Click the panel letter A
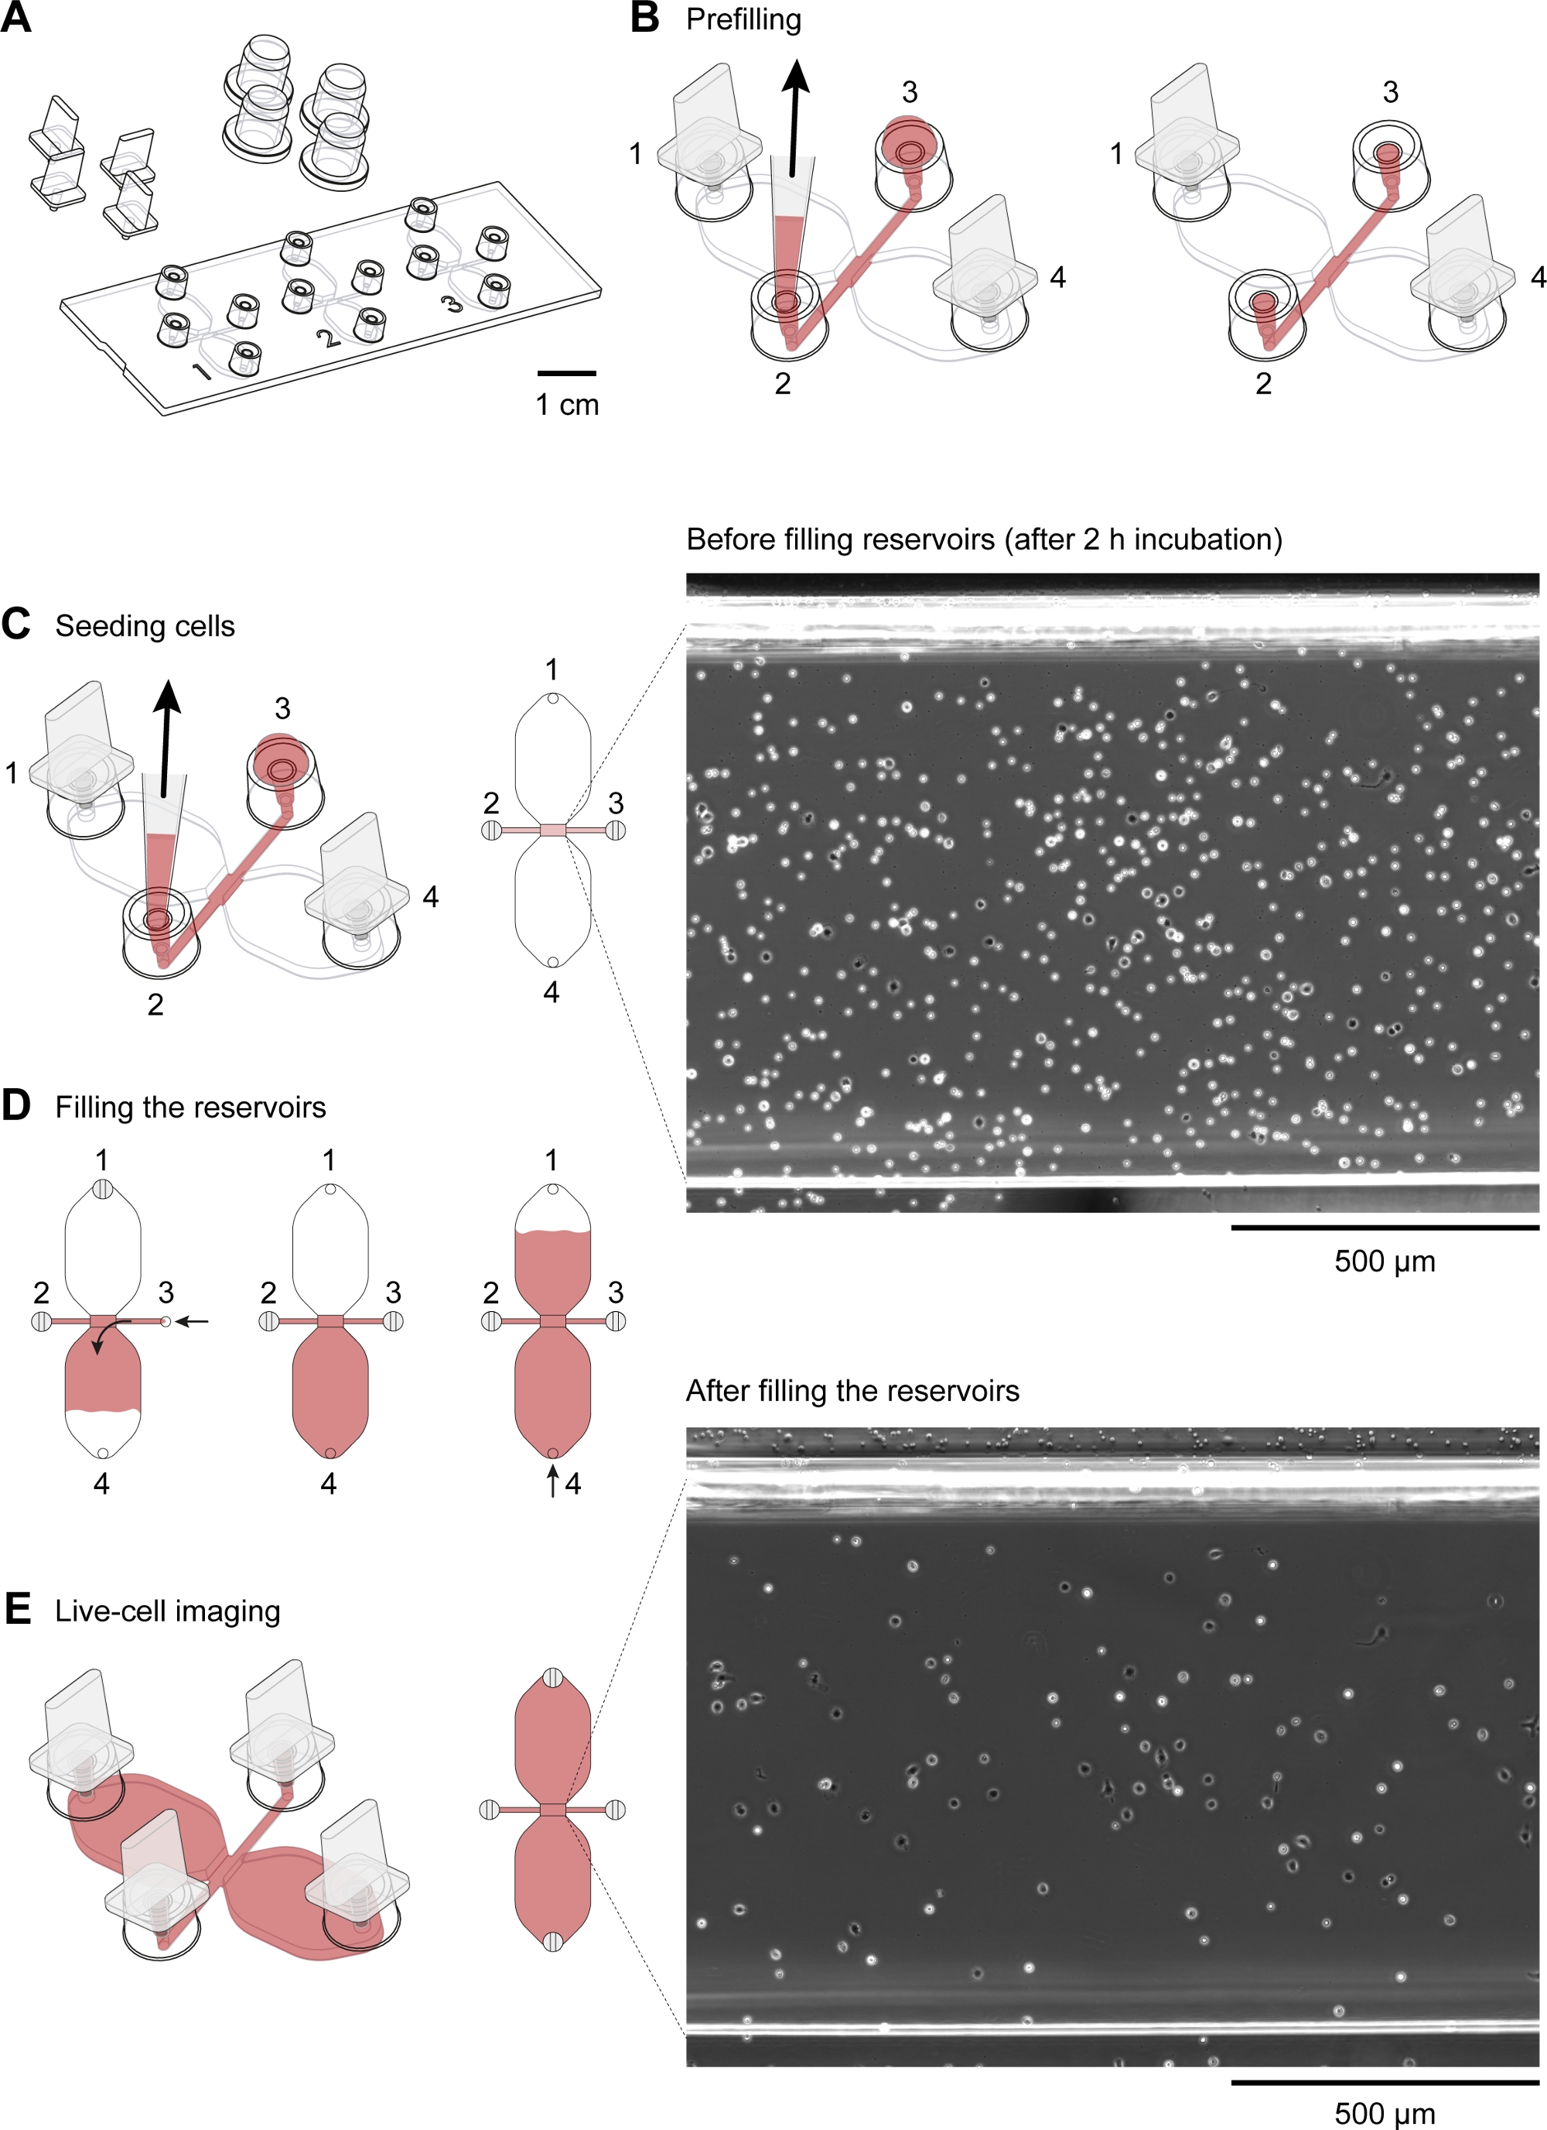16,18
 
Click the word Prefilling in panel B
743,19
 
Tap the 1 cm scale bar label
567,405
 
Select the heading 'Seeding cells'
145,626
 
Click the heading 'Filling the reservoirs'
190,1108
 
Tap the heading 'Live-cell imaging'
167,1611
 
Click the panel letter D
16,1106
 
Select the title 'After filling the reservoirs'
852,1391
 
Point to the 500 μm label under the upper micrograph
1385,1262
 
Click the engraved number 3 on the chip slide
452,303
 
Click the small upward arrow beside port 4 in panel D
552,1481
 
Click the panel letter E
17,1609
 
